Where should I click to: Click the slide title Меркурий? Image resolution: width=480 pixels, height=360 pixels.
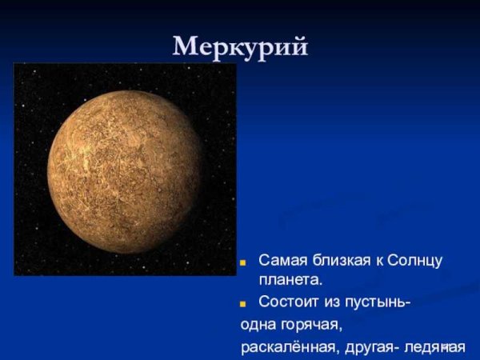click(x=240, y=46)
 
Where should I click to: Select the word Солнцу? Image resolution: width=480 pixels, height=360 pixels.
click(x=415, y=262)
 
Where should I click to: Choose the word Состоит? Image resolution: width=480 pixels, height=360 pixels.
click(x=286, y=302)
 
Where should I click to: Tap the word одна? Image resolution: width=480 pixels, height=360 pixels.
click(x=258, y=325)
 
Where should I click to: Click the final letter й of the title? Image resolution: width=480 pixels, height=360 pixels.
click(x=298, y=46)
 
